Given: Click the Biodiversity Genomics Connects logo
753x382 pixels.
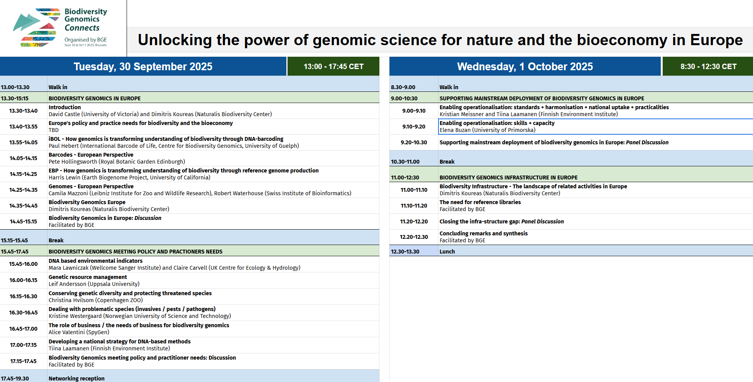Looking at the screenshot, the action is pyautogui.click(x=60, y=28).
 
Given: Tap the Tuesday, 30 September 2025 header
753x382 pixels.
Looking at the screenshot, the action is pyautogui.click(x=143, y=66).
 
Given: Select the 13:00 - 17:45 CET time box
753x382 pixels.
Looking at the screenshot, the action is pyautogui.click(x=333, y=66).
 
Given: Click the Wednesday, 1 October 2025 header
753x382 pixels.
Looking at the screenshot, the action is pyautogui.click(x=525, y=66).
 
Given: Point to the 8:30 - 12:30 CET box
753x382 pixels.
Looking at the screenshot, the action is pyautogui.click(x=708, y=66).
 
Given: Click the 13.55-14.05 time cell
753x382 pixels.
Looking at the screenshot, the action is pyautogui.click(x=24, y=142).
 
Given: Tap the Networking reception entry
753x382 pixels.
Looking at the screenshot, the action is pyautogui.click(x=76, y=379).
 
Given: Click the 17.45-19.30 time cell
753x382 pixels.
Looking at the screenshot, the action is pyautogui.click(x=15, y=379).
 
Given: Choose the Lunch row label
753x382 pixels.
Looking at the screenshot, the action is pyautogui.click(x=447, y=252).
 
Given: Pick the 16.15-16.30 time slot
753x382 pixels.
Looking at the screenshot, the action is pyautogui.click(x=23, y=296).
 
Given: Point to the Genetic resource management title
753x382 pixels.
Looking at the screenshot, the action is pyautogui.click(x=88, y=277).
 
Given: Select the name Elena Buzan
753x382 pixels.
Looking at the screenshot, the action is pyautogui.click(x=455, y=130).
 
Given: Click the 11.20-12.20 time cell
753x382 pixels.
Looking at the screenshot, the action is pyautogui.click(x=414, y=221).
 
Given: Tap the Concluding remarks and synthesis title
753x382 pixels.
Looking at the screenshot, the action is pyautogui.click(x=483, y=233).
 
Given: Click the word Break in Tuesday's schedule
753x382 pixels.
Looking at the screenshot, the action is pyautogui.click(x=56, y=240).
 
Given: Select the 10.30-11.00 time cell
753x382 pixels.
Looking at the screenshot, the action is pyautogui.click(x=405, y=162).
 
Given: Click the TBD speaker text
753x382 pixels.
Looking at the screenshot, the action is pyautogui.click(x=54, y=130).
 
